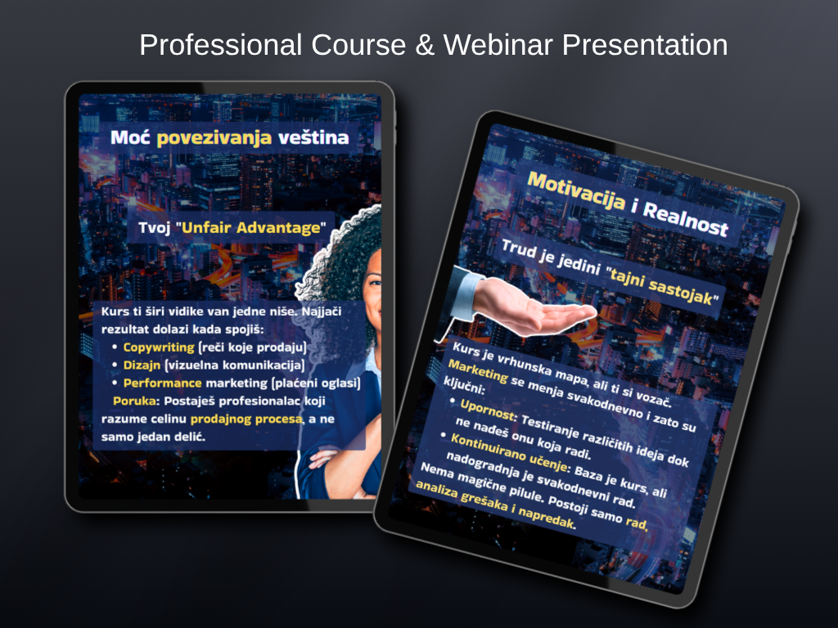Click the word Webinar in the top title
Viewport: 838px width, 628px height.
coord(498,44)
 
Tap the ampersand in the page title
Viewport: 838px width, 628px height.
coord(425,45)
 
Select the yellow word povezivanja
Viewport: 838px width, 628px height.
coord(214,138)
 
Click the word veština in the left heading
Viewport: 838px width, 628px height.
coord(313,137)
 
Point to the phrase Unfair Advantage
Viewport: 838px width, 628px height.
coord(251,227)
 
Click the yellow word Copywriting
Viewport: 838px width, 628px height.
coord(159,348)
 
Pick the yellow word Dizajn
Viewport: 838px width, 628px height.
coord(142,366)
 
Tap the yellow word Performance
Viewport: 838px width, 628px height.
coord(163,383)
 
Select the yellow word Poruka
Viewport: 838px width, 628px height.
coord(137,401)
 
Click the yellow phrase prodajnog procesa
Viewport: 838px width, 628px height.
coord(246,419)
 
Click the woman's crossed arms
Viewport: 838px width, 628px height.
coord(342,464)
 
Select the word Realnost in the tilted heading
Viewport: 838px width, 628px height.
coord(685,218)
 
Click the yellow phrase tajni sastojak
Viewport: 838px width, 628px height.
coord(662,287)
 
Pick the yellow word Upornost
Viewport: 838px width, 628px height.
coord(488,409)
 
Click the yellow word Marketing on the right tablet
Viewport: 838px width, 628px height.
coord(478,370)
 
